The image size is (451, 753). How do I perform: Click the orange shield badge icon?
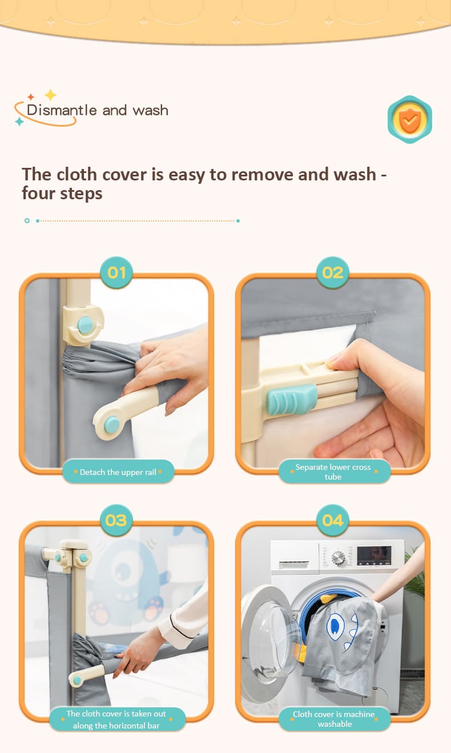coord(410,119)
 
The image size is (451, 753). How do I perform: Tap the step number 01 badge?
coord(116,272)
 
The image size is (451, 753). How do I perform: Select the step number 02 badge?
coord(333,272)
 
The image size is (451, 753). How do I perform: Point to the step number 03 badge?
coord(116,520)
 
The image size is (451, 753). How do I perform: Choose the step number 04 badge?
coord(333,520)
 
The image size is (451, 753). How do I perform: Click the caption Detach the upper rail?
coord(118,472)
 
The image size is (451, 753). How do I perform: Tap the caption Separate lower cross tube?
coord(333,472)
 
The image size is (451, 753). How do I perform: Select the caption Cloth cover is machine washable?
coord(334,719)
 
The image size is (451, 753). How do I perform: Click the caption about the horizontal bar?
coord(116,719)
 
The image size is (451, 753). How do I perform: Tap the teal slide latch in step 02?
coord(292,399)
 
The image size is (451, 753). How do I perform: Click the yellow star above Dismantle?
coord(50,95)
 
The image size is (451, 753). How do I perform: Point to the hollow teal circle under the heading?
coord(27,220)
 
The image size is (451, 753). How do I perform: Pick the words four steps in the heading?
coord(62,194)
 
